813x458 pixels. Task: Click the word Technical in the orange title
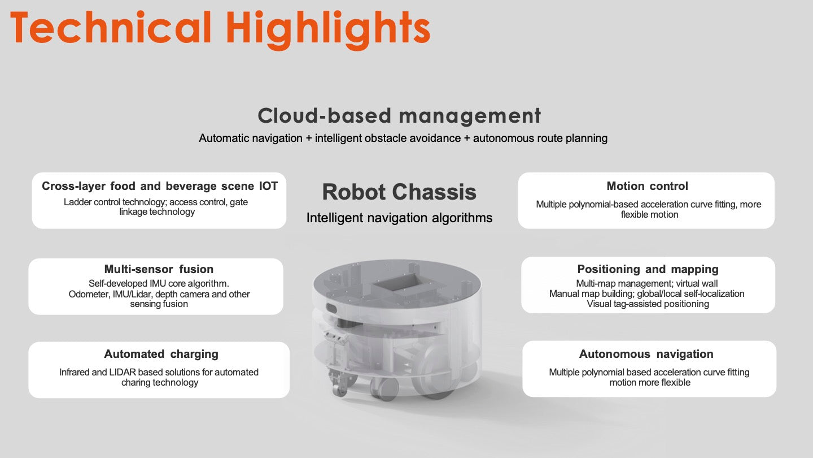click(x=111, y=27)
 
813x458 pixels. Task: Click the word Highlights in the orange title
click(x=328, y=29)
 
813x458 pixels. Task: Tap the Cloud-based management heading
click(x=399, y=116)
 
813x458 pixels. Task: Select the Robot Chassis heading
click(x=399, y=192)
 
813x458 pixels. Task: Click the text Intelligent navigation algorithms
click(x=399, y=218)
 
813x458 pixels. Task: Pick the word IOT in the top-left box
click(x=268, y=185)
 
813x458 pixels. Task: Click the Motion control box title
click(x=647, y=185)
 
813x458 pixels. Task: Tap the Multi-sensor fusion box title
click(x=159, y=269)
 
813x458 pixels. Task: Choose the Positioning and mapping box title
click(x=648, y=269)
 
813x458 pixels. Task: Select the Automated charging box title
click(x=161, y=354)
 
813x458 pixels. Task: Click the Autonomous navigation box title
click(x=646, y=354)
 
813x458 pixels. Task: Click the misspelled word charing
click(x=134, y=382)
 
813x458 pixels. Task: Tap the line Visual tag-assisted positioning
click(x=648, y=304)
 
